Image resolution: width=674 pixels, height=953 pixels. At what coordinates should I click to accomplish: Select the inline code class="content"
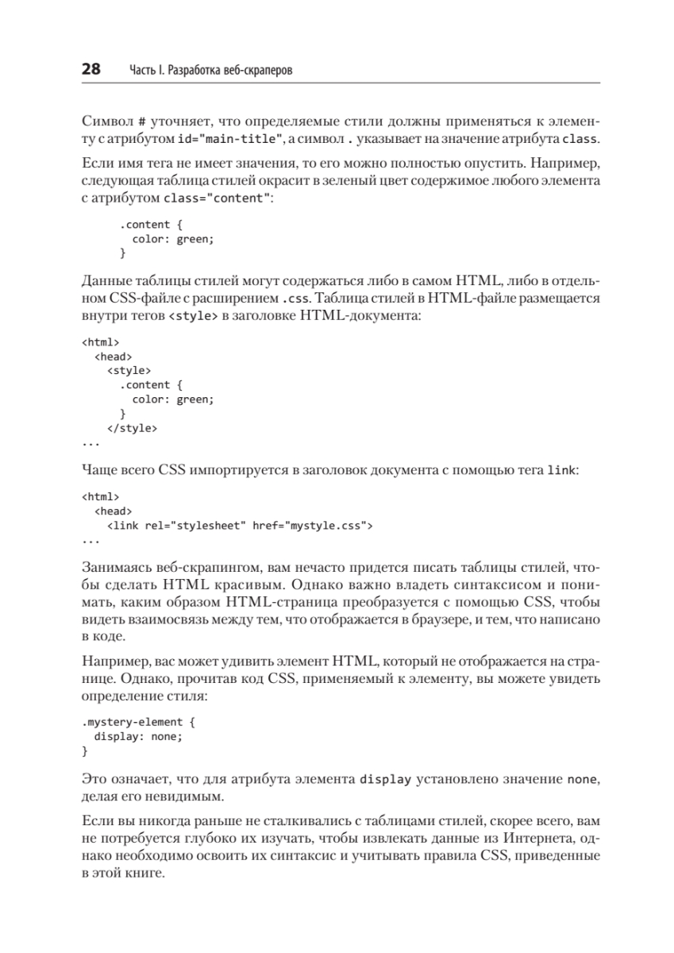[x=216, y=198]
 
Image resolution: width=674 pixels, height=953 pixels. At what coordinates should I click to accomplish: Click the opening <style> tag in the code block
[x=129, y=369]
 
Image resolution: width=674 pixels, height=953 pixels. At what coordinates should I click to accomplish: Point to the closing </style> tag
[x=132, y=428]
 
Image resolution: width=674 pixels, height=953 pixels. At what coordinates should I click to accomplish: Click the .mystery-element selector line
[x=133, y=722]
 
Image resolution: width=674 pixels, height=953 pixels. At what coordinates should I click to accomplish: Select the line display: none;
[x=138, y=736]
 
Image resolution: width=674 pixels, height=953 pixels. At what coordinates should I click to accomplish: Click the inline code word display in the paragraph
[x=386, y=779]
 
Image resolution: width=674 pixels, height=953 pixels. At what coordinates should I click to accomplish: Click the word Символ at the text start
[x=106, y=123]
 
